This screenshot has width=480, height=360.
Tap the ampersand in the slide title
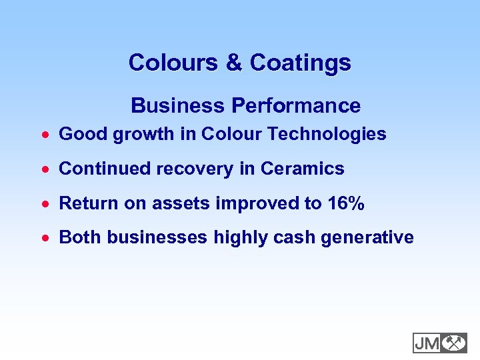coord(234,63)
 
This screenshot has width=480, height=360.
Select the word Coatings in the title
coord(300,63)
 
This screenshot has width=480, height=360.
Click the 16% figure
coord(346,203)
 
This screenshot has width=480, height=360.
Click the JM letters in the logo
coord(427,343)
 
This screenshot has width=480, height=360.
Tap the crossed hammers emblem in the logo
coord(454,343)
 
